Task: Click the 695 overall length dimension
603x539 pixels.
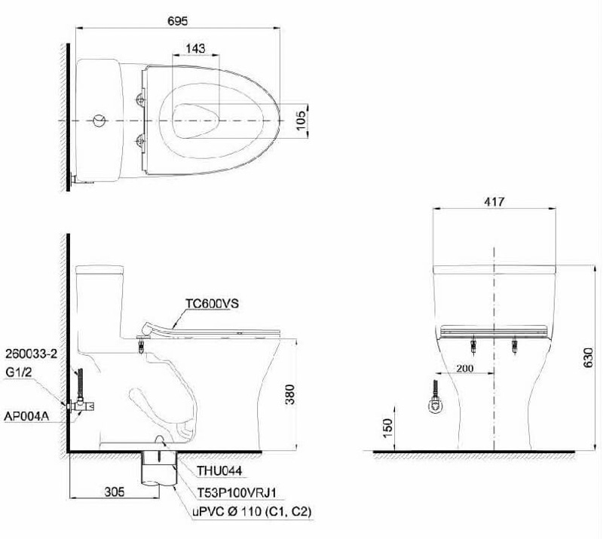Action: pos(178,21)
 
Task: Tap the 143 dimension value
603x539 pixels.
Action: pos(195,48)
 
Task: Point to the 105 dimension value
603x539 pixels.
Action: pos(301,120)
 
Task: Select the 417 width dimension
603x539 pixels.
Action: pos(494,201)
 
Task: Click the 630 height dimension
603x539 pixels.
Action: pos(589,357)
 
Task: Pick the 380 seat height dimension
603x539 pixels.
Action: pos(290,394)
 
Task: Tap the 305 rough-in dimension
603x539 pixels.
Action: pos(115,492)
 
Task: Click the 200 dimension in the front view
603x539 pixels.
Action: pos(464,368)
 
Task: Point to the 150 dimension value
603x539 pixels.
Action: pos(387,428)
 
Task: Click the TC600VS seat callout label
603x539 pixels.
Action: pos(213,304)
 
